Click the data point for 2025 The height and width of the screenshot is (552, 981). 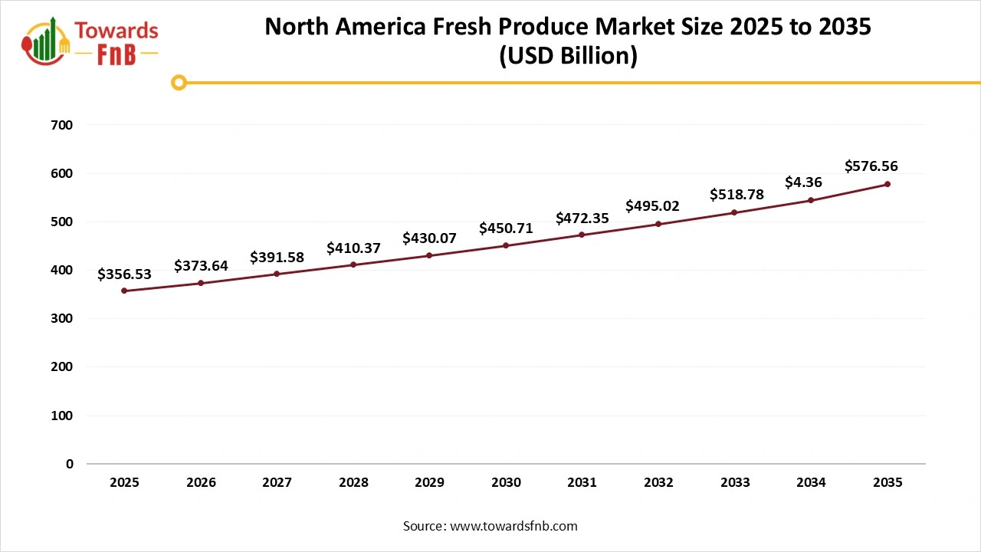(x=124, y=291)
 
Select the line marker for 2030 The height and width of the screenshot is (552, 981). (x=506, y=245)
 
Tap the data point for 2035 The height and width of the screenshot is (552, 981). (x=887, y=184)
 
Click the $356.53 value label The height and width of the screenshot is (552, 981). (x=124, y=274)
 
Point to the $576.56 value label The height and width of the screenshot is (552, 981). (x=871, y=166)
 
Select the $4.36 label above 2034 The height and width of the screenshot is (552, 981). (x=804, y=182)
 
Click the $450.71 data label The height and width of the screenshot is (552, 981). (x=506, y=228)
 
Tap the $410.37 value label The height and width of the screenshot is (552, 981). (x=353, y=248)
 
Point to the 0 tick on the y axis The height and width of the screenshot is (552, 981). (x=70, y=464)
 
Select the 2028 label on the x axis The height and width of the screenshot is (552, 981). (x=353, y=482)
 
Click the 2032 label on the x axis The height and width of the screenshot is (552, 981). (x=658, y=482)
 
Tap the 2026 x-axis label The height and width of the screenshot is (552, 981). (x=201, y=482)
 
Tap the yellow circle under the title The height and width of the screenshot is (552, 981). (x=179, y=82)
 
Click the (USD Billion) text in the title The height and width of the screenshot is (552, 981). (x=568, y=57)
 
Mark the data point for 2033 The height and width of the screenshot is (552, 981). (x=734, y=212)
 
